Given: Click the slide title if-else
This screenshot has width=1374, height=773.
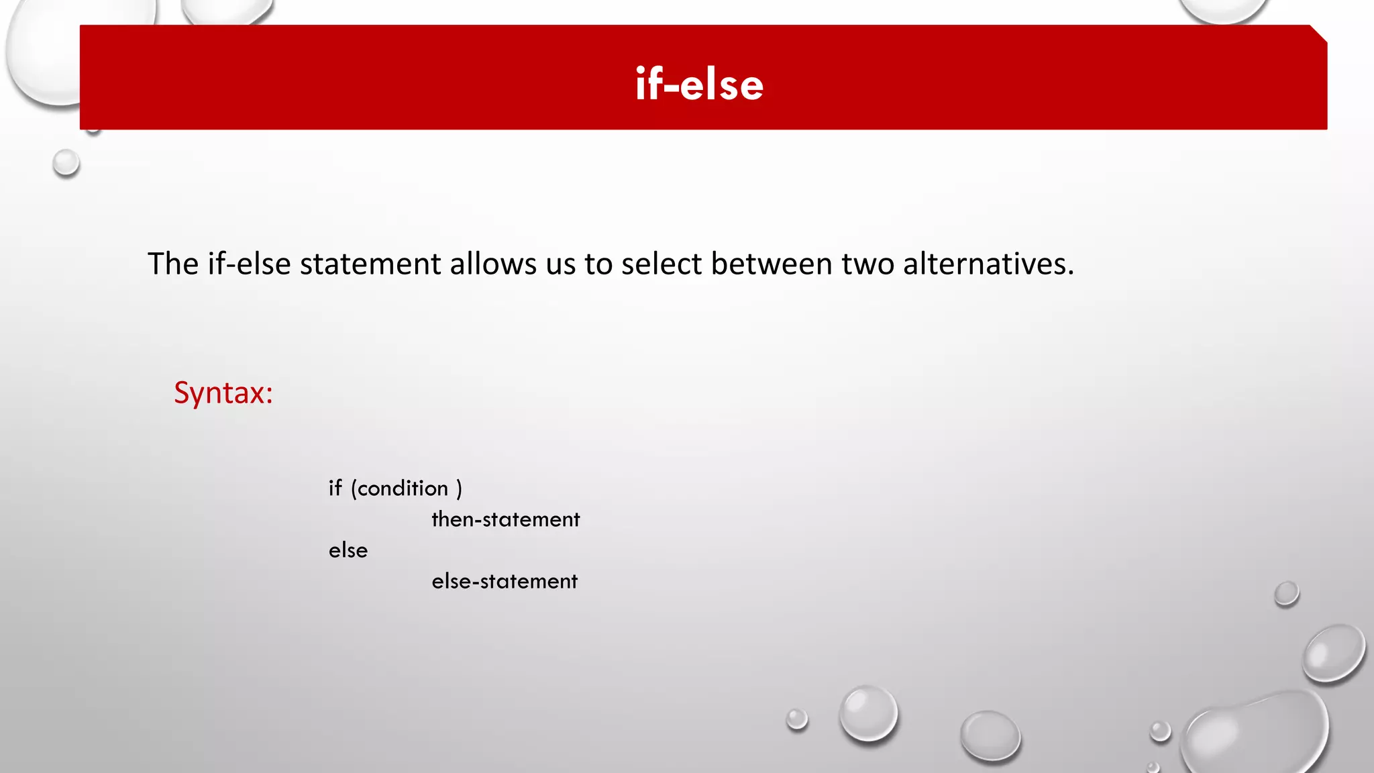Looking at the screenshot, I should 699,85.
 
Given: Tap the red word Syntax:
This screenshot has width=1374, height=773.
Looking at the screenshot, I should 223,393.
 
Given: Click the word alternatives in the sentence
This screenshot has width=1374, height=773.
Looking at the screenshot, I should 988,264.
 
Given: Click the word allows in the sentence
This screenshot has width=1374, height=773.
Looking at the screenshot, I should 493,264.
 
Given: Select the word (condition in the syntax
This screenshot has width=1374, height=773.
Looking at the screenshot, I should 399,488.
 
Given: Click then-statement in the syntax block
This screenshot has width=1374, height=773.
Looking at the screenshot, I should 505,519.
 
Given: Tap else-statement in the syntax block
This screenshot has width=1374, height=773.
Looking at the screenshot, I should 505,581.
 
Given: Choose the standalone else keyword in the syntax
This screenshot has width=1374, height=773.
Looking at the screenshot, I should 348,550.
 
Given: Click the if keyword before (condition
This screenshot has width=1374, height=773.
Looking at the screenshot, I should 335,488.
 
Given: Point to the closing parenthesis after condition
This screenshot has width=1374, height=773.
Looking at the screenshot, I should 459,488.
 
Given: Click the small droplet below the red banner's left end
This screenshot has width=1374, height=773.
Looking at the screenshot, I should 66,163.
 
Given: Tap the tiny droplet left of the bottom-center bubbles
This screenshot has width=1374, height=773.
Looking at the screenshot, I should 797,719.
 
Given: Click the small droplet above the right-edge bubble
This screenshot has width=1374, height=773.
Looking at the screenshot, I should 1286,594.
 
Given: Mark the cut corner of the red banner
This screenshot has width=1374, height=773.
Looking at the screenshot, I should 1319,34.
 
